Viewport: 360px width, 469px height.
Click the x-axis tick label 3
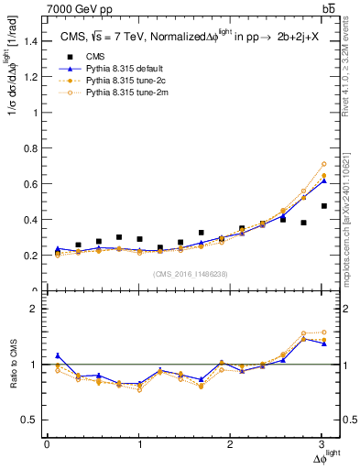pyautogui.click(x=322, y=444)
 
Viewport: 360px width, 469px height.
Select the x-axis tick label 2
pyautogui.click(x=231, y=444)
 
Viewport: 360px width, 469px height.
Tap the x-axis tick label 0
pyautogui.click(x=47, y=444)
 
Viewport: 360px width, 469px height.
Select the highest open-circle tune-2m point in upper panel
pyautogui.click(x=323, y=164)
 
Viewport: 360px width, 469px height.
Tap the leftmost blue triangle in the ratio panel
pyautogui.click(x=57, y=355)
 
